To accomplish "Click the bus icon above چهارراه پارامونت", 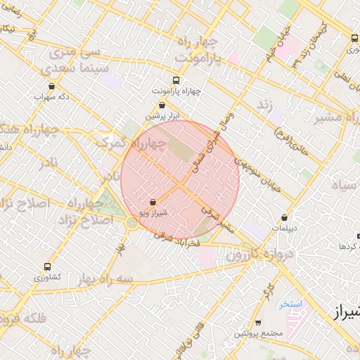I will click(x=175, y=80).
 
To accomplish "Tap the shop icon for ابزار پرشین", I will click(x=162, y=105).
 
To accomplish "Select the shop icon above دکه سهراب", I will click(x=51, y=86).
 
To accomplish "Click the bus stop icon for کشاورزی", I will click(x=47, y=267).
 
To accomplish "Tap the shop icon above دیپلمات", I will click(x=284, y=218).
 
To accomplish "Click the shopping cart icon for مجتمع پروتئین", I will click(x=258, y=323).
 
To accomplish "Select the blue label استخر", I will click(x=290, y=304).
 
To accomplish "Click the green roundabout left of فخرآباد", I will click(x=131, y=223).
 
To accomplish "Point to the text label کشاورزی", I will click(x=48, y=278).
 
